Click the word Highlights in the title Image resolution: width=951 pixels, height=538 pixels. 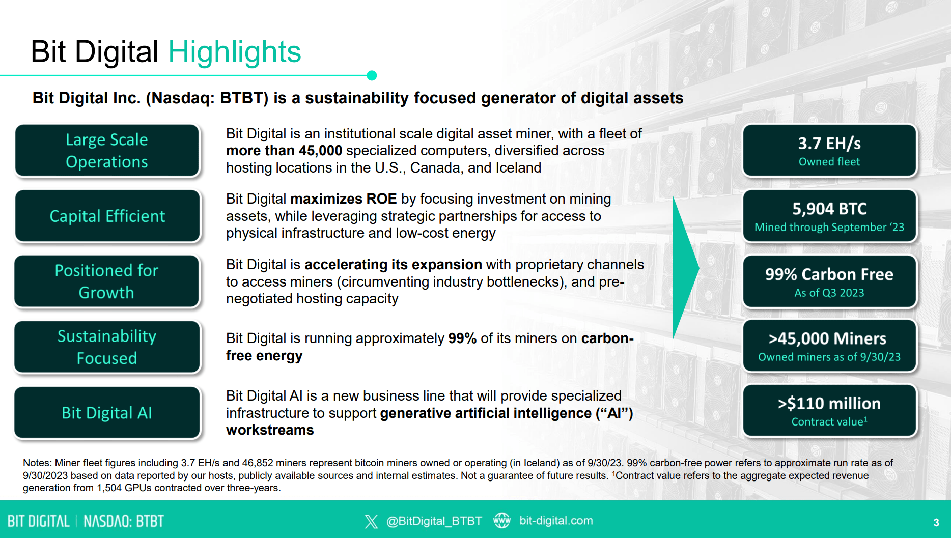coord(235,52)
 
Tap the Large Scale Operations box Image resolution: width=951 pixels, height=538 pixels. coord(107,151)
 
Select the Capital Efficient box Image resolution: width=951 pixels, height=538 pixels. coord(107,216)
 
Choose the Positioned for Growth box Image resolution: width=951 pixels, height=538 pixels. coord(107,281)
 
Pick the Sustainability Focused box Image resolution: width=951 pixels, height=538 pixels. coord(107,347)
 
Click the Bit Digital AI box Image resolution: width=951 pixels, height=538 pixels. coord(107,413)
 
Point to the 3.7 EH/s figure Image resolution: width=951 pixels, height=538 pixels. coord(829,144)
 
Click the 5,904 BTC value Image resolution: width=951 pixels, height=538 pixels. coord(829,209)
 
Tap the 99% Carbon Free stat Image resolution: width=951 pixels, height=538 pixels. coord(829,274)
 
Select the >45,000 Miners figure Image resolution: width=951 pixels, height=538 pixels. coord(828,338)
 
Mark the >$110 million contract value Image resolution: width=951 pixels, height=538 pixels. coord(829,403)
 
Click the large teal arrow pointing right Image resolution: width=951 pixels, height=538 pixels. coord(685,268)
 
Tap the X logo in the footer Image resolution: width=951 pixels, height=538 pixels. coord(371,521)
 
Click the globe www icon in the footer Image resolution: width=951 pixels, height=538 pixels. coord(502,520)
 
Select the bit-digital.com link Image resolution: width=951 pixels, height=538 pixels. coord(556,521)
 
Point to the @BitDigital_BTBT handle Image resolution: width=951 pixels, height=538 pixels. coord(434,521)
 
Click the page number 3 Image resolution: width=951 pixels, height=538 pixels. coord(936,522)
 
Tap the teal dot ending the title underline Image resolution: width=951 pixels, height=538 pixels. coord(372,75)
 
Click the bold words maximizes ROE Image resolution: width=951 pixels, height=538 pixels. coord(344,199)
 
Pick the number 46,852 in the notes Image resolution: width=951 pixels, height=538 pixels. coord(257,463)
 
